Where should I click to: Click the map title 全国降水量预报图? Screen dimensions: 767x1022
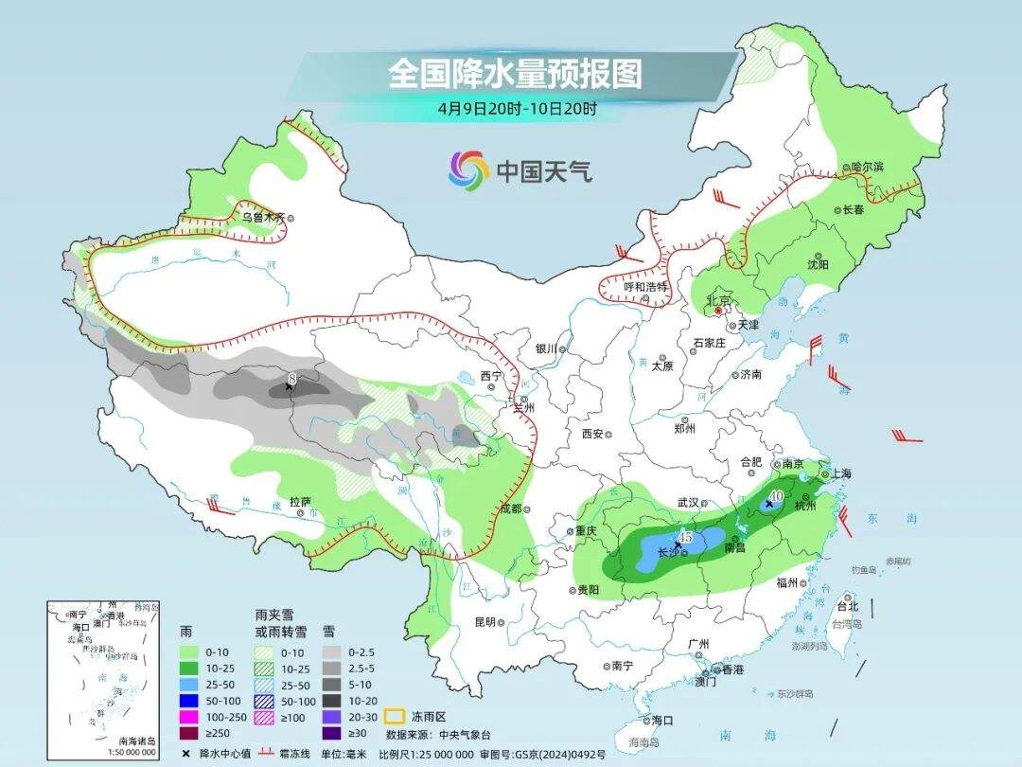(515, 74)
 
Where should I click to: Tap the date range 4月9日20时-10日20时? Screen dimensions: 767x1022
(517, 109)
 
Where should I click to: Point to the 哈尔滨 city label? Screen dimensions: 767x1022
(866, 168)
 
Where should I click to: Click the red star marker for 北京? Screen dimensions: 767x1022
(718, 310)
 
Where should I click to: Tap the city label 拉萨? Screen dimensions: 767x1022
(300, 501)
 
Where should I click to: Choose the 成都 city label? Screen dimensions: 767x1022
(510, 509)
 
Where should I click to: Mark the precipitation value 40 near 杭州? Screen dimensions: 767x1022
(775, 495)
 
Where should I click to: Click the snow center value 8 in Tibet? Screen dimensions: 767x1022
(292, 380)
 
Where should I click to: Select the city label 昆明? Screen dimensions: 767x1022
(485, 622)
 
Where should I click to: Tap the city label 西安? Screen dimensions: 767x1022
(592, 434)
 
